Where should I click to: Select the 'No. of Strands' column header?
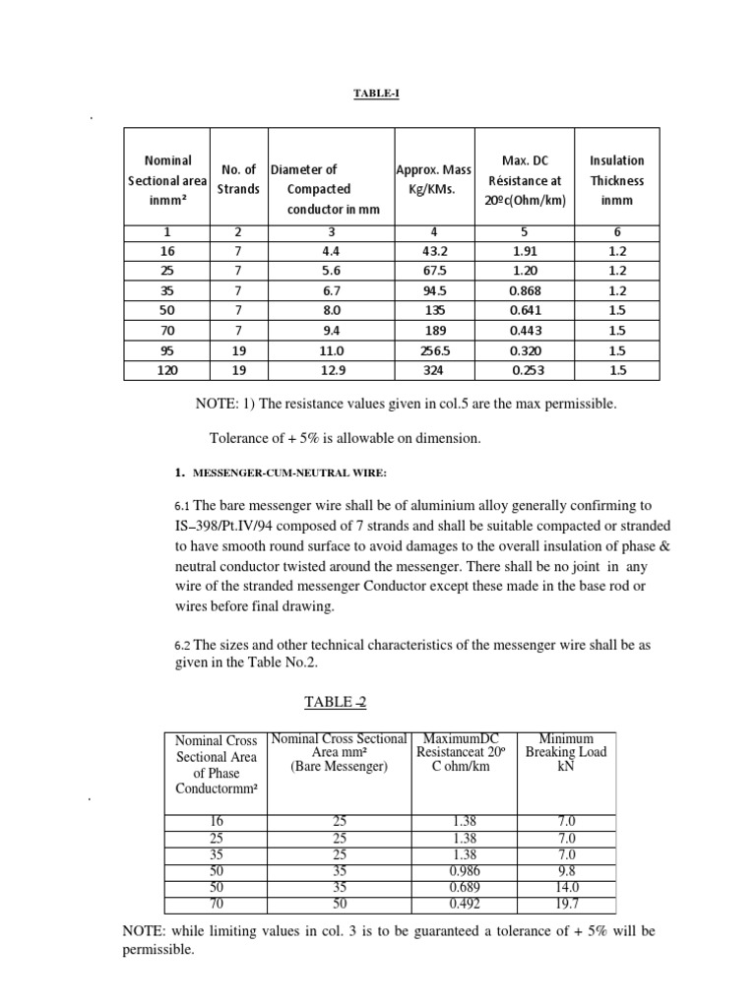(x=236, y=179)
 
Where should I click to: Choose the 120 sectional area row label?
(x=167, y=371)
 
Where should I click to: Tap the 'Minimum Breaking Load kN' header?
(x=566, y=752)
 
